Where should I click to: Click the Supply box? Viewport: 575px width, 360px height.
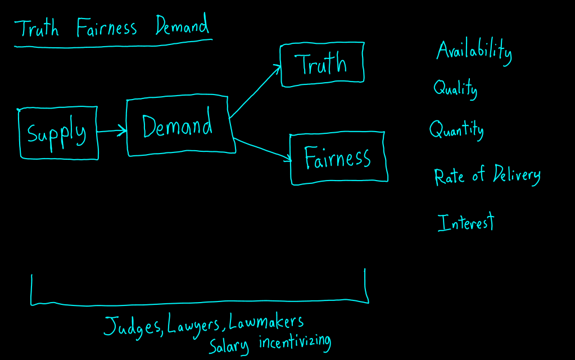pyautogui.click(x=58, y=133)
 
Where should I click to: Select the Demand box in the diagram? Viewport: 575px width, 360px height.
pyautogui.click(x=178, y=125)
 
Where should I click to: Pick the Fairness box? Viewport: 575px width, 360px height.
pyautogui.click(x=338, y=158)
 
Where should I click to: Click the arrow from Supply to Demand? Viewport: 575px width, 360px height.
pyautogui.click(x=112, y=132)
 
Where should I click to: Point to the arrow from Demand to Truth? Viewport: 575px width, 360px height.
pyautogui.click(x=255, y=92)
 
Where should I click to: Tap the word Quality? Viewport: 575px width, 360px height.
pyautogui.click(x=455, y=88)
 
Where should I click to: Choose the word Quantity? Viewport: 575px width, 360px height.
pyautogui.click(x=456, y=130)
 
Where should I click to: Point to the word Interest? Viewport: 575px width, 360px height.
pyautogui.click(x=465, y=222)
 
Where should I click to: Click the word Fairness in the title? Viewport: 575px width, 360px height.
pyautogui.click(x=107, y=28)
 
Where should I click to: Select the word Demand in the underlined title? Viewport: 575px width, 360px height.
pyautogui.click(x=182, y=26)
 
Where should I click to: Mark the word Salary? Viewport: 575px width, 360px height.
pyautogui.click(x=228, y=345)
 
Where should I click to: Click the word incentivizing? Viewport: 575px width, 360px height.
pyautogui.click(x=295, y=342)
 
